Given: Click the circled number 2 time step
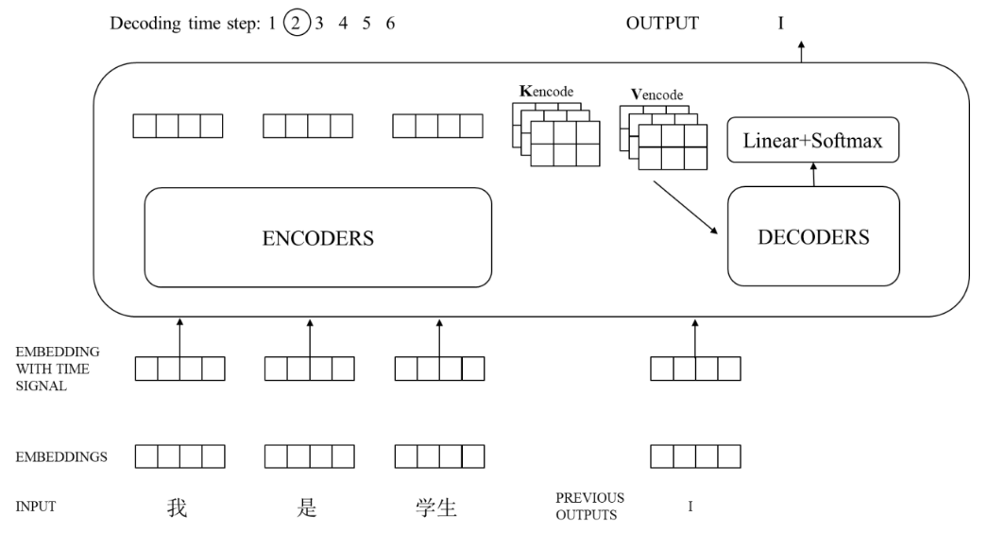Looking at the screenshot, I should [296, 24].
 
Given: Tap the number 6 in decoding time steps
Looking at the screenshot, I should [390, 24].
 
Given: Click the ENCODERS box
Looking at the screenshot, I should [317, 238].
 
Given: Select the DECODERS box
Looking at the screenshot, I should [813, 237].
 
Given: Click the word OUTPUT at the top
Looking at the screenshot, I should [662, 24].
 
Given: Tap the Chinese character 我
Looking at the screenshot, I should [177, 507].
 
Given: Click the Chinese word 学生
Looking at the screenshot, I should [436, 507].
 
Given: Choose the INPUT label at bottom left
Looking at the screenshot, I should [35, 507].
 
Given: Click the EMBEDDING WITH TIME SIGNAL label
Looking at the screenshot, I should [58, 369].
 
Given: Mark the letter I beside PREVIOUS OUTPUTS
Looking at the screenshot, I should [690, 507].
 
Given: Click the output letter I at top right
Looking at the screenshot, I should [780, 24].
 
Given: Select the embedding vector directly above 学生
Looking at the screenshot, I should [438, 457].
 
